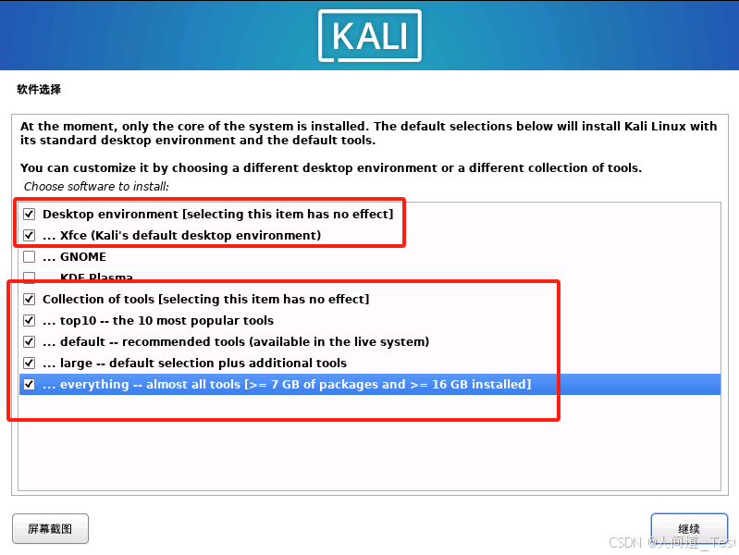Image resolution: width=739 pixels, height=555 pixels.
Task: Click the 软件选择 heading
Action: point(39,90)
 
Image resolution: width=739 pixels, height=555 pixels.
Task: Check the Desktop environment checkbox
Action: point(30,215)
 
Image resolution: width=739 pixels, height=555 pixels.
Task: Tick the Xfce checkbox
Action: point(30,236)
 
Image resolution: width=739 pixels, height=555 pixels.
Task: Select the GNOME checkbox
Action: point(30,257)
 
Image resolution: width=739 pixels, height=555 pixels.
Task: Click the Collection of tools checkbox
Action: point(30,300)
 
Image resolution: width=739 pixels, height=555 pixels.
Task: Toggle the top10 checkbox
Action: point(30,321)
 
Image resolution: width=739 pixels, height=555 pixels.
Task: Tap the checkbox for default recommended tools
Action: point(30,342)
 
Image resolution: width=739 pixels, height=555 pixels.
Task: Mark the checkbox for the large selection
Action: point(30,364)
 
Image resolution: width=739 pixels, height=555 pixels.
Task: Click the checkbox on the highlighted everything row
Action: point(30,385)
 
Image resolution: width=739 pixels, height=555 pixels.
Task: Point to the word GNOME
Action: point(83,257)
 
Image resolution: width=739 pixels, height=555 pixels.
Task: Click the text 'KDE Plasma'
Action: point(96,277)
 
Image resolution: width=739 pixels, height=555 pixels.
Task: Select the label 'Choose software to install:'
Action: point(96,186)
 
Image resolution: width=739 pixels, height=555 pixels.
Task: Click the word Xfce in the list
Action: point(73,236)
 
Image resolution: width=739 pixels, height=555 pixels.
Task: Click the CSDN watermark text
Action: point(625,543)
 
